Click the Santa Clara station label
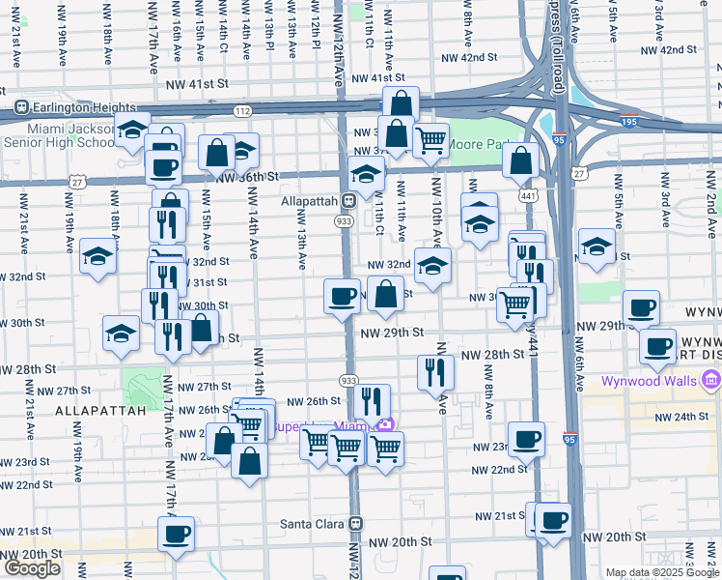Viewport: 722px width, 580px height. point(312,523)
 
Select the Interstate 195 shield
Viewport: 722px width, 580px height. point(560,139)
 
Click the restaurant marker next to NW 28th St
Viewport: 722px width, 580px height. point(434,370)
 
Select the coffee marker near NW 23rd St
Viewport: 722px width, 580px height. point(526,439)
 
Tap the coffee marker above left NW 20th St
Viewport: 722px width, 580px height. point(176,534)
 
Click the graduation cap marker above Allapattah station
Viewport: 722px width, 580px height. point(366,174)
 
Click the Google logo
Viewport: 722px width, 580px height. point(32,568)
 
